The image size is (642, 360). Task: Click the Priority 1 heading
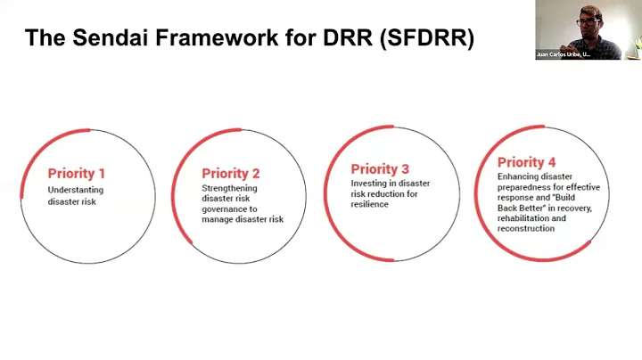click(77, 174)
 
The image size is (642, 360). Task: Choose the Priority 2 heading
click(230, 174)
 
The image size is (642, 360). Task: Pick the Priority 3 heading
click(380, 168)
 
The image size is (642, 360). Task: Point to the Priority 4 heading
click(526, 162)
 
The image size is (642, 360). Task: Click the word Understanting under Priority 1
click(76, 190)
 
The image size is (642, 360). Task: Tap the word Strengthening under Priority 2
click(229, 188)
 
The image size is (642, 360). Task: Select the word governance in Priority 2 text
click(223, 209)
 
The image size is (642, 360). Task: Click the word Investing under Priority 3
click(369, 184)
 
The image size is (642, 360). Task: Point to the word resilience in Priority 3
click(371, 204)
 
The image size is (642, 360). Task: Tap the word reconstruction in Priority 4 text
click(526, 228)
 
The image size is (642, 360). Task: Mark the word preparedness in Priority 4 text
click(525, 187)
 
